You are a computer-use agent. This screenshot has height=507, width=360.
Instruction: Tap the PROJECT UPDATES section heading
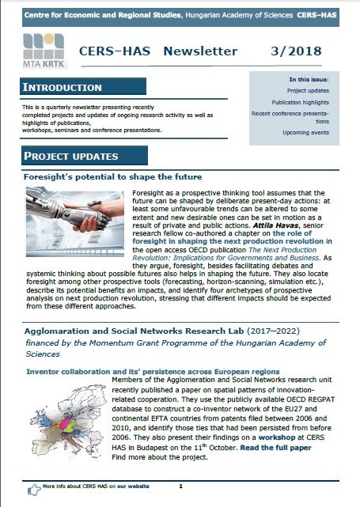(x=72, y=156)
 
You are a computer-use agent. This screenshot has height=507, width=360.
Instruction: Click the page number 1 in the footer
(x=180, y=486)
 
